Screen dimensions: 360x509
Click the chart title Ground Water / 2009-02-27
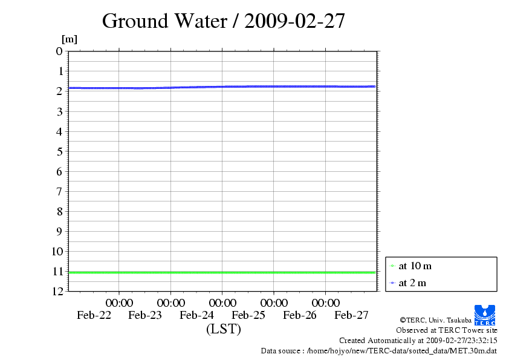(x=224, y=21)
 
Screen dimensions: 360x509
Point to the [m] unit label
(x=70, y=40)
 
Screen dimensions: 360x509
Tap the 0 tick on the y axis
(x=59, y=51)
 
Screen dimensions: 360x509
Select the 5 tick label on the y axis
(x=59, y=151)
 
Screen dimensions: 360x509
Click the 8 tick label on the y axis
(x=59, y=211)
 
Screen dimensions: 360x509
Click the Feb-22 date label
(x=94, y=315)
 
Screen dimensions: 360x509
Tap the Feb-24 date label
(x=197, y=315)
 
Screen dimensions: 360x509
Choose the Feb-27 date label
(x=351, y=315)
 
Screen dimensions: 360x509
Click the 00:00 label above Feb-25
(x=274, y=303)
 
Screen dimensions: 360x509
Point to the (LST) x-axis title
(x=223, y=329)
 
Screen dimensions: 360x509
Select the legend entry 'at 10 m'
(x=415, y=266)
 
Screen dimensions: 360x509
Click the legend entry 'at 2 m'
(x=412, y=283)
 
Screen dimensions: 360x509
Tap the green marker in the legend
(x=392, y=266)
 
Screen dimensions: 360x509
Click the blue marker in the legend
(x=392, y=283)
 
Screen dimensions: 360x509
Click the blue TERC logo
(x=485, y=315)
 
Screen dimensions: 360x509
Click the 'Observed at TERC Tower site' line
(x=447, y=330)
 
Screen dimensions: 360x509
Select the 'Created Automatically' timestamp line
(x=418, y=341)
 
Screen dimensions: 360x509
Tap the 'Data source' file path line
(x=379, y=350)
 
